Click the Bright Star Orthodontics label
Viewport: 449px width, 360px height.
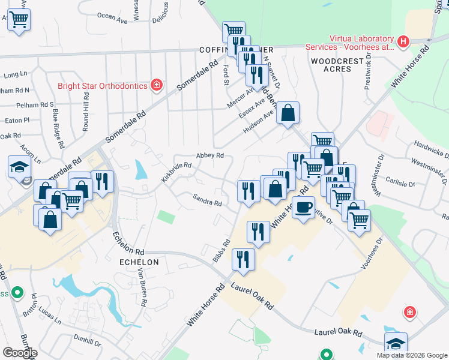pyautogui.click(x=102, y=85)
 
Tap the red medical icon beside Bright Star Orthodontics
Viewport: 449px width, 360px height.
pyautogui.click(x=157, y=85)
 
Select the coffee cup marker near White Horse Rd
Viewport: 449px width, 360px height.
pyautogui.click(x=304, y=207)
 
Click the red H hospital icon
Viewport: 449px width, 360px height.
pyautogui.click(x=403, y=41)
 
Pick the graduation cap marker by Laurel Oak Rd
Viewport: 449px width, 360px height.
pyautogui.click(x=396, y=344)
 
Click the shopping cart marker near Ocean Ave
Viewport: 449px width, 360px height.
pyautogui.click(x=19, y=19)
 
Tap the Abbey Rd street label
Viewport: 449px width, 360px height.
pyautogui.click(x=211, y=155)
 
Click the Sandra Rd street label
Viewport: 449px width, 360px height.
pyautogui.click(x=207, y=200)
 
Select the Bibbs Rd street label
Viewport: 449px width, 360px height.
pyautogui.click(x=221, y=251)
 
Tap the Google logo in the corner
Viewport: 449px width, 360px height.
pyautogui.click(x=20, y=353)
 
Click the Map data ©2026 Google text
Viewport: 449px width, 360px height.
pyautogui.click(x=411, y=355)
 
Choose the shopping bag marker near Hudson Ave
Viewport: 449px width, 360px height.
pyautogui.click(x=288, y=112)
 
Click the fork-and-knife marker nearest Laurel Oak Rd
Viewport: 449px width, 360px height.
pyautogui.click(x=243, y=259)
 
